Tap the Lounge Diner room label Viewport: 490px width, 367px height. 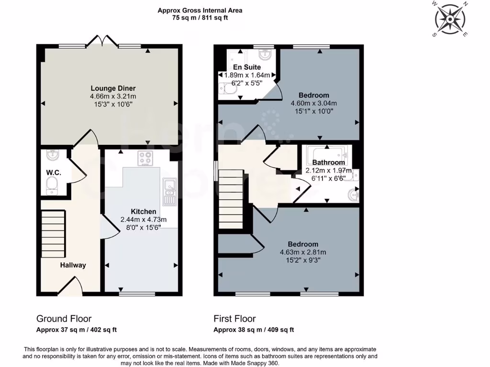pyautogui.click(x=113, y=88)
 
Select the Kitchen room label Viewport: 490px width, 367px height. pyautogui.click(x=144, y=212)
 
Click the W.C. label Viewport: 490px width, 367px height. pyautogui.click(x=53, y=173)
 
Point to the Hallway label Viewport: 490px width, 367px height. pyautogui.click(x=73, y=265)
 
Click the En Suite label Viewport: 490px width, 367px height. pyautogui.click(x=247, y=67)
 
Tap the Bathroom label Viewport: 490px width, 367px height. pyautogui.click(x=329, y=162)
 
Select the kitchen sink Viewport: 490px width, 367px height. pyautogui.click(x=169, y=191)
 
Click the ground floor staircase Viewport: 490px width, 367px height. pyautogui.click(x=54, y=234)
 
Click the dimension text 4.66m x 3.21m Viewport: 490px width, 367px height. pyautogui.click(x=113, y=96)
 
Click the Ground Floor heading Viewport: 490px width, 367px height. pyautogui.click(x=64, y=319)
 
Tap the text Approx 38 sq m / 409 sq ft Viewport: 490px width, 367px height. pyautogui.click(x=254, y=330)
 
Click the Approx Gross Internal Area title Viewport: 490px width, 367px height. pyautogui.click(x=200, y=10)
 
